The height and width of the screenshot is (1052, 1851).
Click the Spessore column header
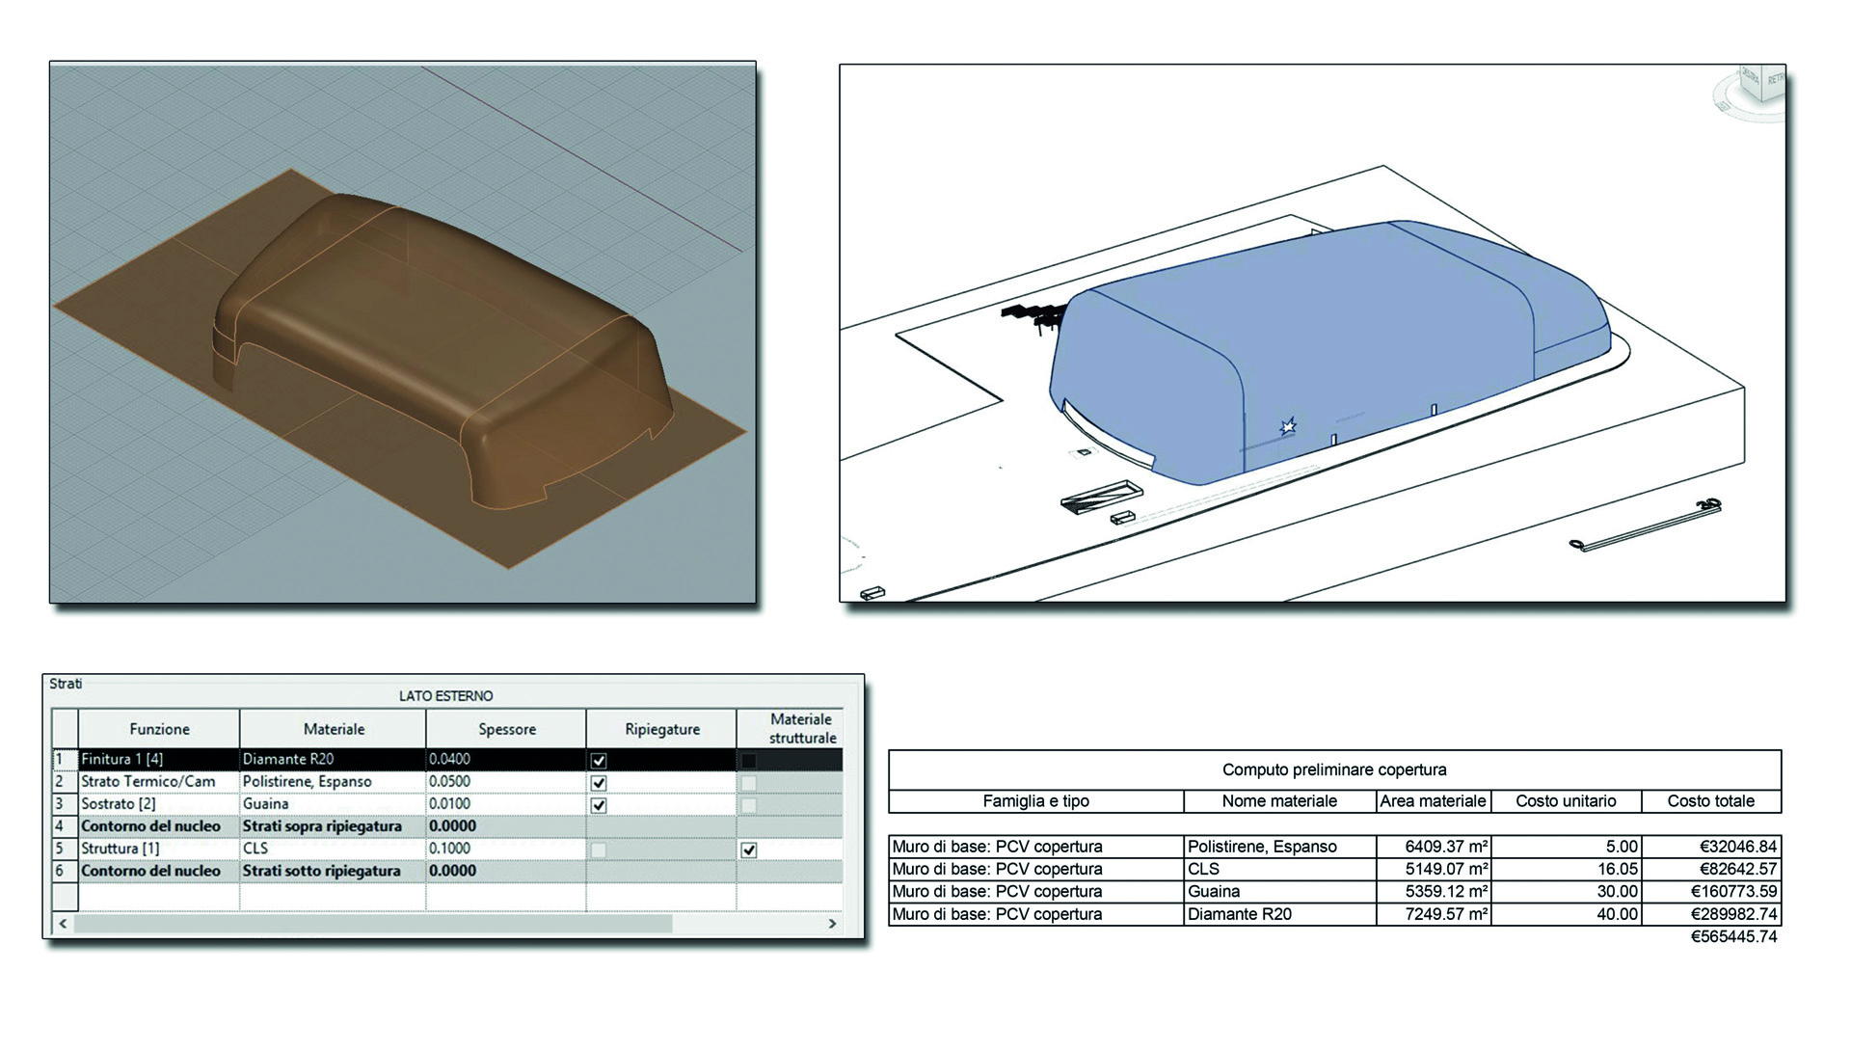507,729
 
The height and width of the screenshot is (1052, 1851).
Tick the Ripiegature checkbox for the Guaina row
599,805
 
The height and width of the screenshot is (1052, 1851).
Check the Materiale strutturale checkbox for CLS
749,850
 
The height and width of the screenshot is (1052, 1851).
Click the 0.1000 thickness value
449,849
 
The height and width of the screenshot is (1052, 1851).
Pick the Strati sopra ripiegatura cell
322,826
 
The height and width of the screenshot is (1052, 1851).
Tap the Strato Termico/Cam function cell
148,781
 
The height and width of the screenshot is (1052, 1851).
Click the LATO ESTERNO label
446,696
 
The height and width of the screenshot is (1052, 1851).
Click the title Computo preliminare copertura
1334,769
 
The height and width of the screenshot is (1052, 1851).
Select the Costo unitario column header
1566,801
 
